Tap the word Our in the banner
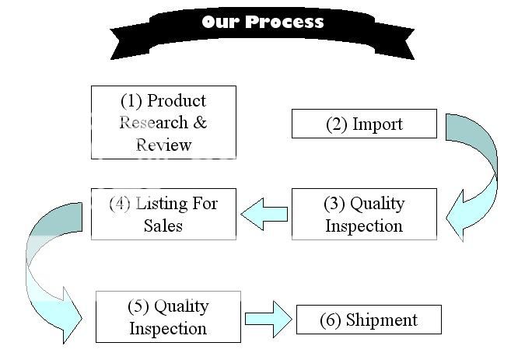219,22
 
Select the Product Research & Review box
163,122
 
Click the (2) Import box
364,124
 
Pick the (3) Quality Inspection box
364,214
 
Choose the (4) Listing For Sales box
163,214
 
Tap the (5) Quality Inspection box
168,316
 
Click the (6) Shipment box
369,320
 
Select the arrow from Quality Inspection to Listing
264,213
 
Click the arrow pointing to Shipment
269,318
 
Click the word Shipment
383,320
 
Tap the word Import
378,124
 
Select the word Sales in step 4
163,225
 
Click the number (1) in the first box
131,101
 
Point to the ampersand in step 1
199,123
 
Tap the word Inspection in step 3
364,225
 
